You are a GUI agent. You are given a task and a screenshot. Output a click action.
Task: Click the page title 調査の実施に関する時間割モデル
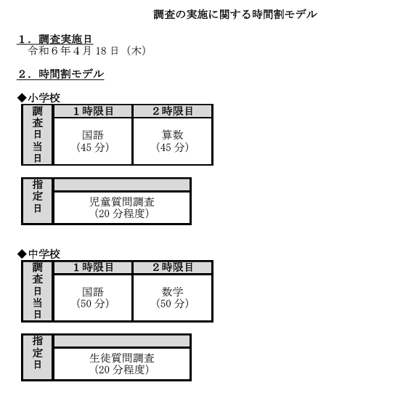(235, 15)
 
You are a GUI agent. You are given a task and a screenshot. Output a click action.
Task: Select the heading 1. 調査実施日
(55, 39)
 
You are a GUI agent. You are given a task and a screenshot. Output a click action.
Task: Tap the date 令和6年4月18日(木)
(87, 51)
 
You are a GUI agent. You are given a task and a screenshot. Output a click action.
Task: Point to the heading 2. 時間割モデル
(61, 74)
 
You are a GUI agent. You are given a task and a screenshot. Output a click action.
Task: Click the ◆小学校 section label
(38, 98)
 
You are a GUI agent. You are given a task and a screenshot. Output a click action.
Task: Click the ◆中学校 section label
(38, 254)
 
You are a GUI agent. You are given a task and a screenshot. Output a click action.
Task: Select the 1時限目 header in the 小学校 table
(93, 111)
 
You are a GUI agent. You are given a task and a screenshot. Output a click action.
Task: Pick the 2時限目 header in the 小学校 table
(173, 111)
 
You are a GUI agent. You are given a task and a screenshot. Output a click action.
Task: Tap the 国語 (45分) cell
(93, 141)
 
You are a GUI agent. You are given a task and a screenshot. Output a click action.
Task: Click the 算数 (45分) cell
(173, 141)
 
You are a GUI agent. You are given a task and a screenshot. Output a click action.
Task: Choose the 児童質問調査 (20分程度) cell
(122, 208)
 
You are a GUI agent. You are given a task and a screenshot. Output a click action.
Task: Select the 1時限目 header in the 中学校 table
(93, 267)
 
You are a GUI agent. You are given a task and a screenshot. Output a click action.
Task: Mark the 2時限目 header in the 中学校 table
(173, 267)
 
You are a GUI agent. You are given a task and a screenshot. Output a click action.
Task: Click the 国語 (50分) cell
(93, 298)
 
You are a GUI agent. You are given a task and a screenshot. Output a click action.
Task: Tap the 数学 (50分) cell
(173, 298)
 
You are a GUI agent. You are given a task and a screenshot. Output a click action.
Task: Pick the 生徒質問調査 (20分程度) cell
(122, 364)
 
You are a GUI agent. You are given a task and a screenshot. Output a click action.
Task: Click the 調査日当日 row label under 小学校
(38, 134)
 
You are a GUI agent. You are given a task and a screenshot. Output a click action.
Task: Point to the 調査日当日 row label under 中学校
(38, 291)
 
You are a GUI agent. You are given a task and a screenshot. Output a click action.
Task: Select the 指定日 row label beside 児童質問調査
(38, 201)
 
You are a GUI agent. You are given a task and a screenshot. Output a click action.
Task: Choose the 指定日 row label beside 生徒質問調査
(38, 357)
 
